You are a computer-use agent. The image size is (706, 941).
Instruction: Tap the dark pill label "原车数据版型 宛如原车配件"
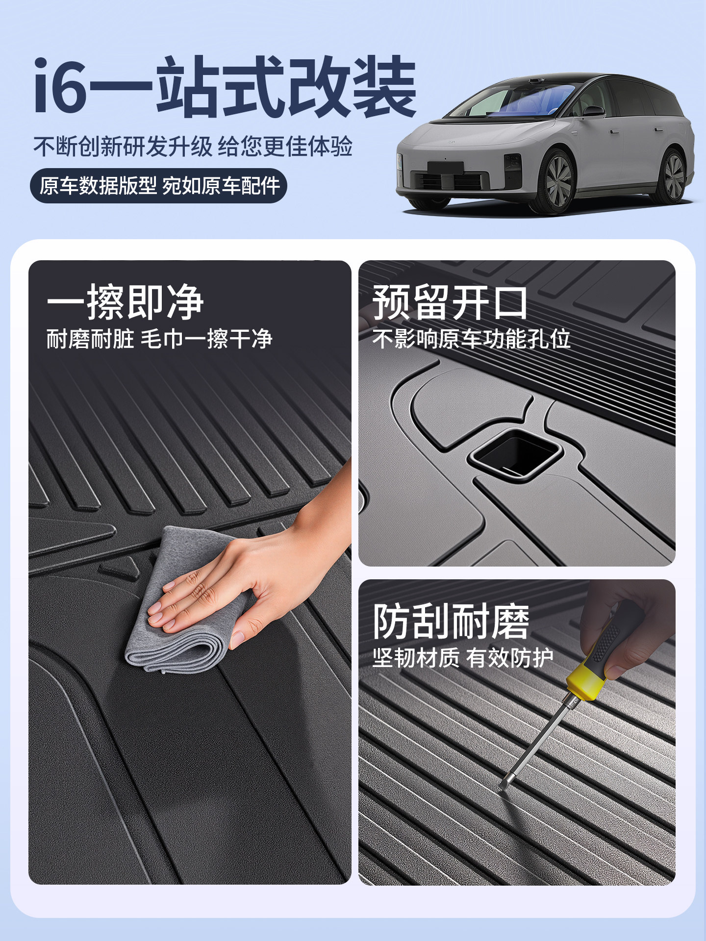(158, 186)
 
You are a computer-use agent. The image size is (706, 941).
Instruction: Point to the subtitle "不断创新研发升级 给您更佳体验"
(193, 147)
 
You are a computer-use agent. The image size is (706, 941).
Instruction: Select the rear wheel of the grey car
(674, 176)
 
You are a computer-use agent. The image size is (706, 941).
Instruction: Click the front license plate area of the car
(445, 168)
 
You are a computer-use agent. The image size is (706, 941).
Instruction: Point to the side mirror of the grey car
(593, 111)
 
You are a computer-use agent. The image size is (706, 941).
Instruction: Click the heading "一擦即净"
(125, 302)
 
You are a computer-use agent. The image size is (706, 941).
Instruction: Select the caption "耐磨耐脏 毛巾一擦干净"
(159, 339)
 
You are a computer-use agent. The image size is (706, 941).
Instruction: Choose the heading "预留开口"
(450, 302)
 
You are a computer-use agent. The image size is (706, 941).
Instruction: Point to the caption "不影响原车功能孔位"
(471, 339)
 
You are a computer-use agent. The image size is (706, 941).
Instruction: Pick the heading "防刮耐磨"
(451, 621)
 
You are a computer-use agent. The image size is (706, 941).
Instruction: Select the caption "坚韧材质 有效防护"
(463, 658)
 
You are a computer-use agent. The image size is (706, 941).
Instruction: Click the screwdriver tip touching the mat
(501, 788)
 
